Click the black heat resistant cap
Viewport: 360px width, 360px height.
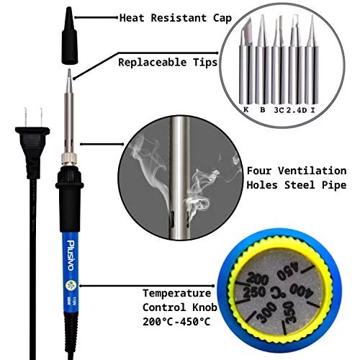(x=69, y=36)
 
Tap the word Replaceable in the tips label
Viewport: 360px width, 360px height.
(x=153, y=63)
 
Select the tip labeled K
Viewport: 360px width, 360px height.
(x=246, y=60)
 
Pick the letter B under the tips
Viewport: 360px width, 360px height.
(x=263, y=110)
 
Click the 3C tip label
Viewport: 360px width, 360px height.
(x=279, y=110)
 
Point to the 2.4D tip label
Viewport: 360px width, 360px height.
(x=297, y=110)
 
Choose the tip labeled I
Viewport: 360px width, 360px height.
(x=312, y=60)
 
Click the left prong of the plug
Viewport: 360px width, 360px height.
(x=25, y=117)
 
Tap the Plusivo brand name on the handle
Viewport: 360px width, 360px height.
(x=71, y=255)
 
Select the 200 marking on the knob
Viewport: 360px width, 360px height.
(x=257, y=279)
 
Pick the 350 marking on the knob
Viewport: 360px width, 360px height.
(x=289, y=312)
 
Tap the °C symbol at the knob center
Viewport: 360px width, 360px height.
(x=278, y=292)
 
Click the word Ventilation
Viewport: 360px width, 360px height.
(x=312, y=171)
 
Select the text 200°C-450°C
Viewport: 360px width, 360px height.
(x=176, y=322)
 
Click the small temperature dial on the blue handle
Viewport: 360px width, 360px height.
(x=71, y=285)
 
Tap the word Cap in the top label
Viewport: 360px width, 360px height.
(x=222, y=19)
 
